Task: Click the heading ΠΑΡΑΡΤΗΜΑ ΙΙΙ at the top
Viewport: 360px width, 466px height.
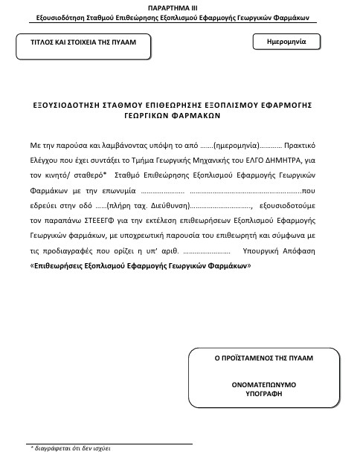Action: tap(179, 6)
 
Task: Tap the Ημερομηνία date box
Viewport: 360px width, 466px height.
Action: tap(286, 43)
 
